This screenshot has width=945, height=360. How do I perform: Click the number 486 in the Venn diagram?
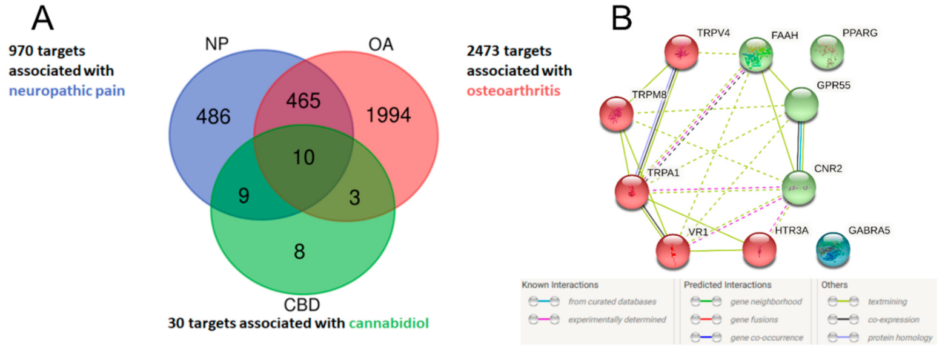point(214,116)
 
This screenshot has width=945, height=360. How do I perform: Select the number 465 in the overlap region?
point(302,101)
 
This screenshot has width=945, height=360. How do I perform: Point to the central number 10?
point(303,157)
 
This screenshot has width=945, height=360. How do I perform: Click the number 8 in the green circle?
point(299,252)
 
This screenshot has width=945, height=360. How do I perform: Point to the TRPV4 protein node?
point(681,54)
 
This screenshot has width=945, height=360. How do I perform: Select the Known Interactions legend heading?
point(560,284)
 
